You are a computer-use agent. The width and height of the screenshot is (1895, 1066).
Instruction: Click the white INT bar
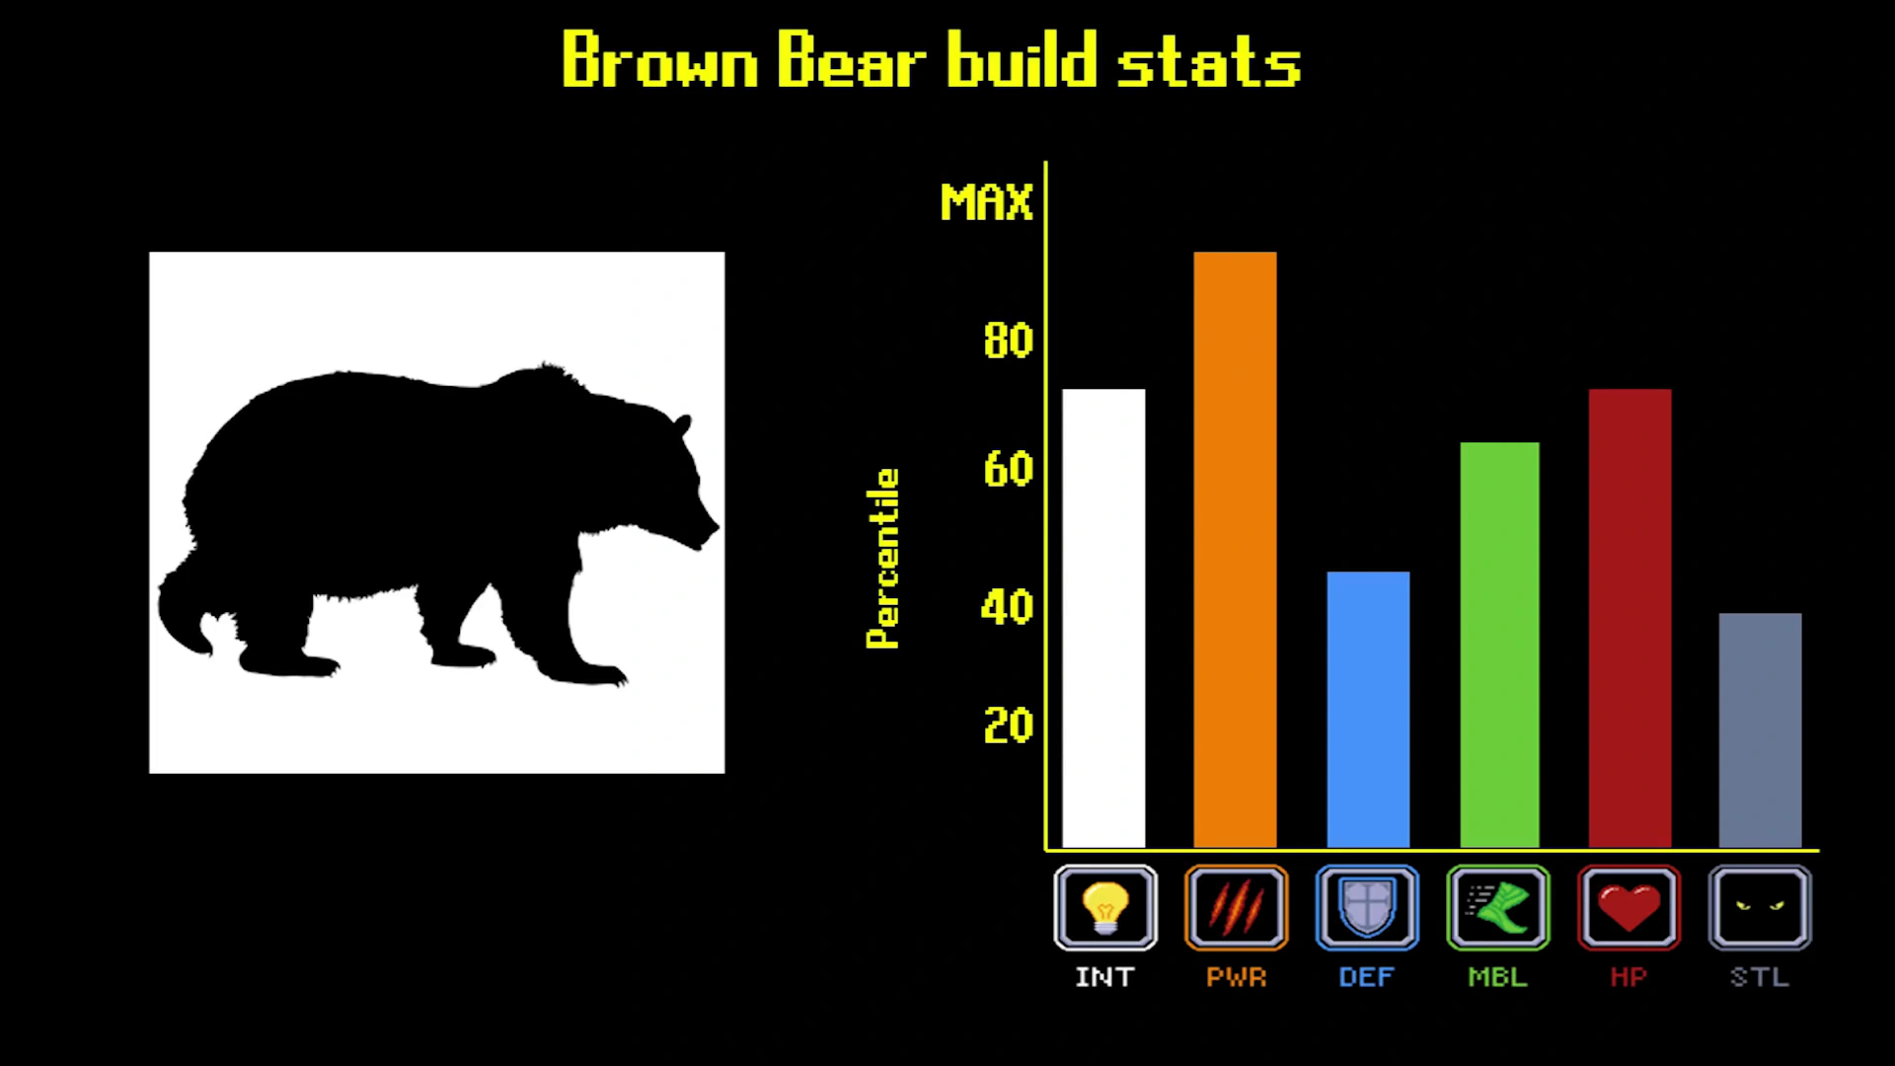coord(1103,618)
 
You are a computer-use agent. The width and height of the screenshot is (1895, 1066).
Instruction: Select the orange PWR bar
coord(1235,550)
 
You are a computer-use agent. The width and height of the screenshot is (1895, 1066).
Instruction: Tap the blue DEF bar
coord(1368,710)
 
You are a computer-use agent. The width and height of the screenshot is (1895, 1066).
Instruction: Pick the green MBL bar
coord(1499,645)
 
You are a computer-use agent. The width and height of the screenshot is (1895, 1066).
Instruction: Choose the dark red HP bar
coord(1630,618)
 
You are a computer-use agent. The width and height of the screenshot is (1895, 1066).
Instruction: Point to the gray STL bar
coord(1760,730)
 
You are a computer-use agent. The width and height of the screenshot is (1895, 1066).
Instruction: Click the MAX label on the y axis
coord(986,202)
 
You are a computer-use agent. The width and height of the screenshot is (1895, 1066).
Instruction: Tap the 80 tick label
coord(1008,341)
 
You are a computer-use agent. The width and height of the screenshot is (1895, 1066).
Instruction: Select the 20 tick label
coord(1008,725)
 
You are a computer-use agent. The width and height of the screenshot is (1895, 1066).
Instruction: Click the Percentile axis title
coord(882,559)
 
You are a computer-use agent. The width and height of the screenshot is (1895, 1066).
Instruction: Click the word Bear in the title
coord(852,59)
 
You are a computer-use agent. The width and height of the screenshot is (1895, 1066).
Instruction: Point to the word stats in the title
coord(1209,61)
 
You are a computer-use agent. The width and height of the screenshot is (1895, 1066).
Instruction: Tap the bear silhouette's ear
coord(682,425)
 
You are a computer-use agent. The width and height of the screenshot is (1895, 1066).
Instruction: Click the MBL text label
coord(1497,977)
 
